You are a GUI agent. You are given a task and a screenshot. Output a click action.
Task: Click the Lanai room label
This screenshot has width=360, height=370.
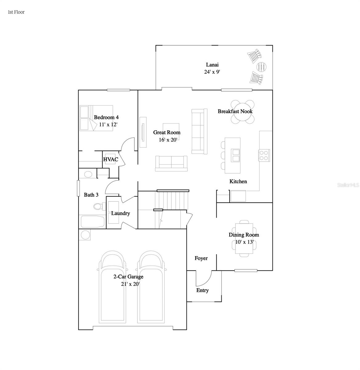pyautogui.click(x=212, y=65)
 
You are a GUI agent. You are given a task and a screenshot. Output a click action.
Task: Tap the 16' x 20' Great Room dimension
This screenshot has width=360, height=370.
pyautogui.click(x=167, y=140)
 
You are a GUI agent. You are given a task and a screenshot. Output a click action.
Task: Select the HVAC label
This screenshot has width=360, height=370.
pyautogui.click(x=111, y=159)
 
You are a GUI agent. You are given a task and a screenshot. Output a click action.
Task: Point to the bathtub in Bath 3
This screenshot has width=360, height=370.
pyautogui.click(x=92, y=222)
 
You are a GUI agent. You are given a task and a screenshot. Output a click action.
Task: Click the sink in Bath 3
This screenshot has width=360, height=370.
pyautogui.click(x=88, y=174)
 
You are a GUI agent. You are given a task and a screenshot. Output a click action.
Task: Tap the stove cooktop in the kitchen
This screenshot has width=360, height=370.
pyautogui.click(x=264, y=155)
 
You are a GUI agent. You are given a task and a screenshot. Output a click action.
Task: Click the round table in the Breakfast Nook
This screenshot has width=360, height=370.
pyautogui.click(x=243, y=112)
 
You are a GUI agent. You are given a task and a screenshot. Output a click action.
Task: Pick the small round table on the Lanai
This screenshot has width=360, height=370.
pyautogui.click(x=261, y=66)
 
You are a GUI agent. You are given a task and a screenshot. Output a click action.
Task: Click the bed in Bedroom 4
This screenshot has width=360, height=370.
pyautogui.click(x=96, y=118)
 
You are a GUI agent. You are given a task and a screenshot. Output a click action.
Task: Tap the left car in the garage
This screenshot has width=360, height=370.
pyautogui.click(x=112, y=287)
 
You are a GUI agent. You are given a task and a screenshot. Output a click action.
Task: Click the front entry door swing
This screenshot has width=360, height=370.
pyautogui.click(x=203, y=278)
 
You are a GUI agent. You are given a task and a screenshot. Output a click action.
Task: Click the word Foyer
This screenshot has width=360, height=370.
pyautogui.click(x=201, y=258)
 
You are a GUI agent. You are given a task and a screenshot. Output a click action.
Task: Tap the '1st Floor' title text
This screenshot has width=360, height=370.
pyautogui.click(x=16, y=12)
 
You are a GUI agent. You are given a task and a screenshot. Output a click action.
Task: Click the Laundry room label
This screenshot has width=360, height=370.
pyautogui.click(x=121, y=213)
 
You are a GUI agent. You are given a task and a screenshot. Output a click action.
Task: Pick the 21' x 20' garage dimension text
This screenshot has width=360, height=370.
pyautogui.click(x=130, y=284)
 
